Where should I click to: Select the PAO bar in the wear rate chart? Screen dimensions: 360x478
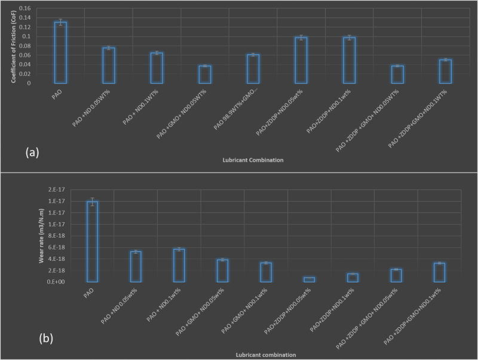(92, 241)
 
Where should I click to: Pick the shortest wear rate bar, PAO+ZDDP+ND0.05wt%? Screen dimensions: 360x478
(309, 279)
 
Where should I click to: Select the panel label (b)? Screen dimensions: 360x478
(46, 339)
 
